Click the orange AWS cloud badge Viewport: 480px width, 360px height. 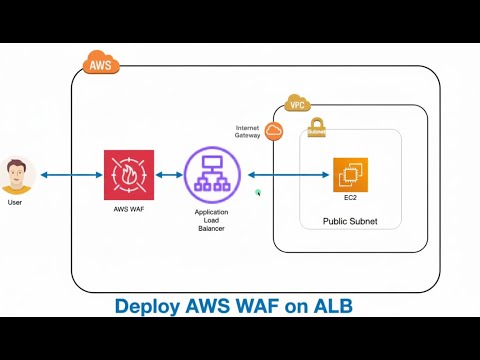101,64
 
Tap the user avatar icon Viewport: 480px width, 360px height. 16,175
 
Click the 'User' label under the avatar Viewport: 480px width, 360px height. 15,203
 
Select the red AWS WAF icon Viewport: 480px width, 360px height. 129,175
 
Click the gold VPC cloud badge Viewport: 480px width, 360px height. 296,104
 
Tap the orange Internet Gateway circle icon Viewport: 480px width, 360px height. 274,131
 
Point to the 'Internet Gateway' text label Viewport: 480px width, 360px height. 248,132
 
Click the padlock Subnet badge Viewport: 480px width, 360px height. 317,126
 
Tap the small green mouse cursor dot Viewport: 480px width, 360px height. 257,191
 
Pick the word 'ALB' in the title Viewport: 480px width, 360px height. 330,305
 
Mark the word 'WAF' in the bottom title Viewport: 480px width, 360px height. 257,305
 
